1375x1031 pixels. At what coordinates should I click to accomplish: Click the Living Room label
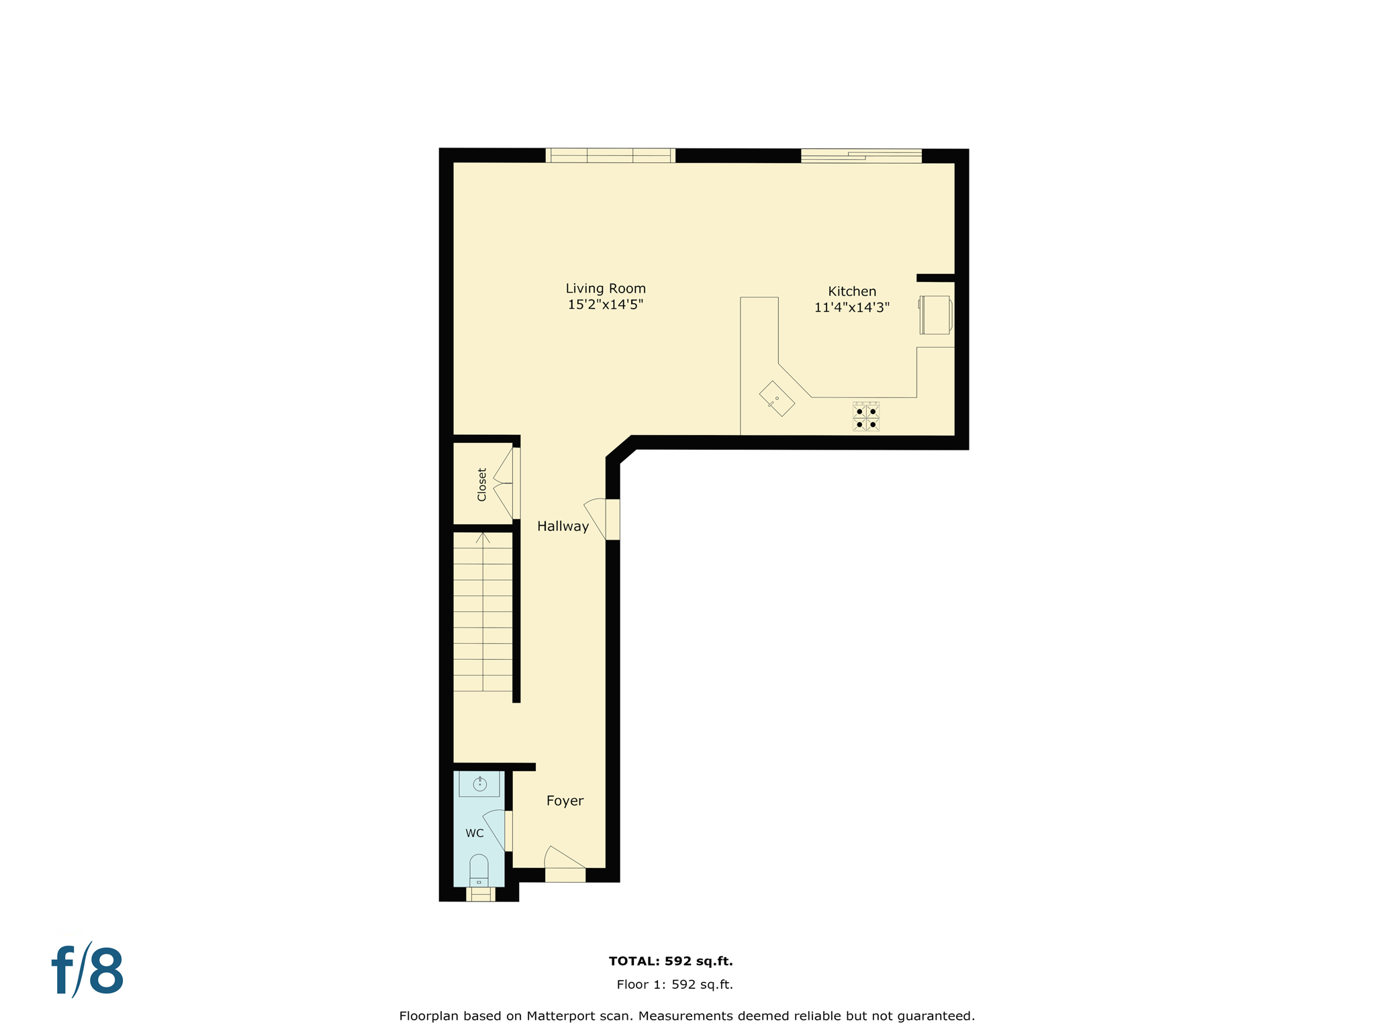pos(605,289)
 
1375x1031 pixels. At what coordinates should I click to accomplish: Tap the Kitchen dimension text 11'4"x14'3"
pos(851,307)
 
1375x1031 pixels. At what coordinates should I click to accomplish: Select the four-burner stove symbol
pos(865,417)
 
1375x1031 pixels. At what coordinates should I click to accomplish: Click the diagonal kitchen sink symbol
pos(777,399)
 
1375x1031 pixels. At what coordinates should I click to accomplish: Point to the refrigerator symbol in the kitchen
pos(935,315)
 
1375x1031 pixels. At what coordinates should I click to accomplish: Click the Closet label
pos(481,484)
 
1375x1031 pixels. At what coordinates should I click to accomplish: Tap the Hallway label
pos(563,526)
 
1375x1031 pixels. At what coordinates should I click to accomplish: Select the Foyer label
pos(565,801)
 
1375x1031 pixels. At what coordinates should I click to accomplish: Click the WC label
pos(474,833)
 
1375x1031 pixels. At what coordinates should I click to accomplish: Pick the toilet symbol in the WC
pos(479,870)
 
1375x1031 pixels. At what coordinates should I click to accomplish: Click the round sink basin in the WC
pos(479,784)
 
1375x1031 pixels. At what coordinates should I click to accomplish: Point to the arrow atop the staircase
pos(483,538)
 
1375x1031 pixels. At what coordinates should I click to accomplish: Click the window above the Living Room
pos(610,156)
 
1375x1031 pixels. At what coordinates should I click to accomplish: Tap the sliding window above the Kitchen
pos(861,156)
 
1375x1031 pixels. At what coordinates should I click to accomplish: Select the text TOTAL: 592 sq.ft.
pos(670,961)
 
